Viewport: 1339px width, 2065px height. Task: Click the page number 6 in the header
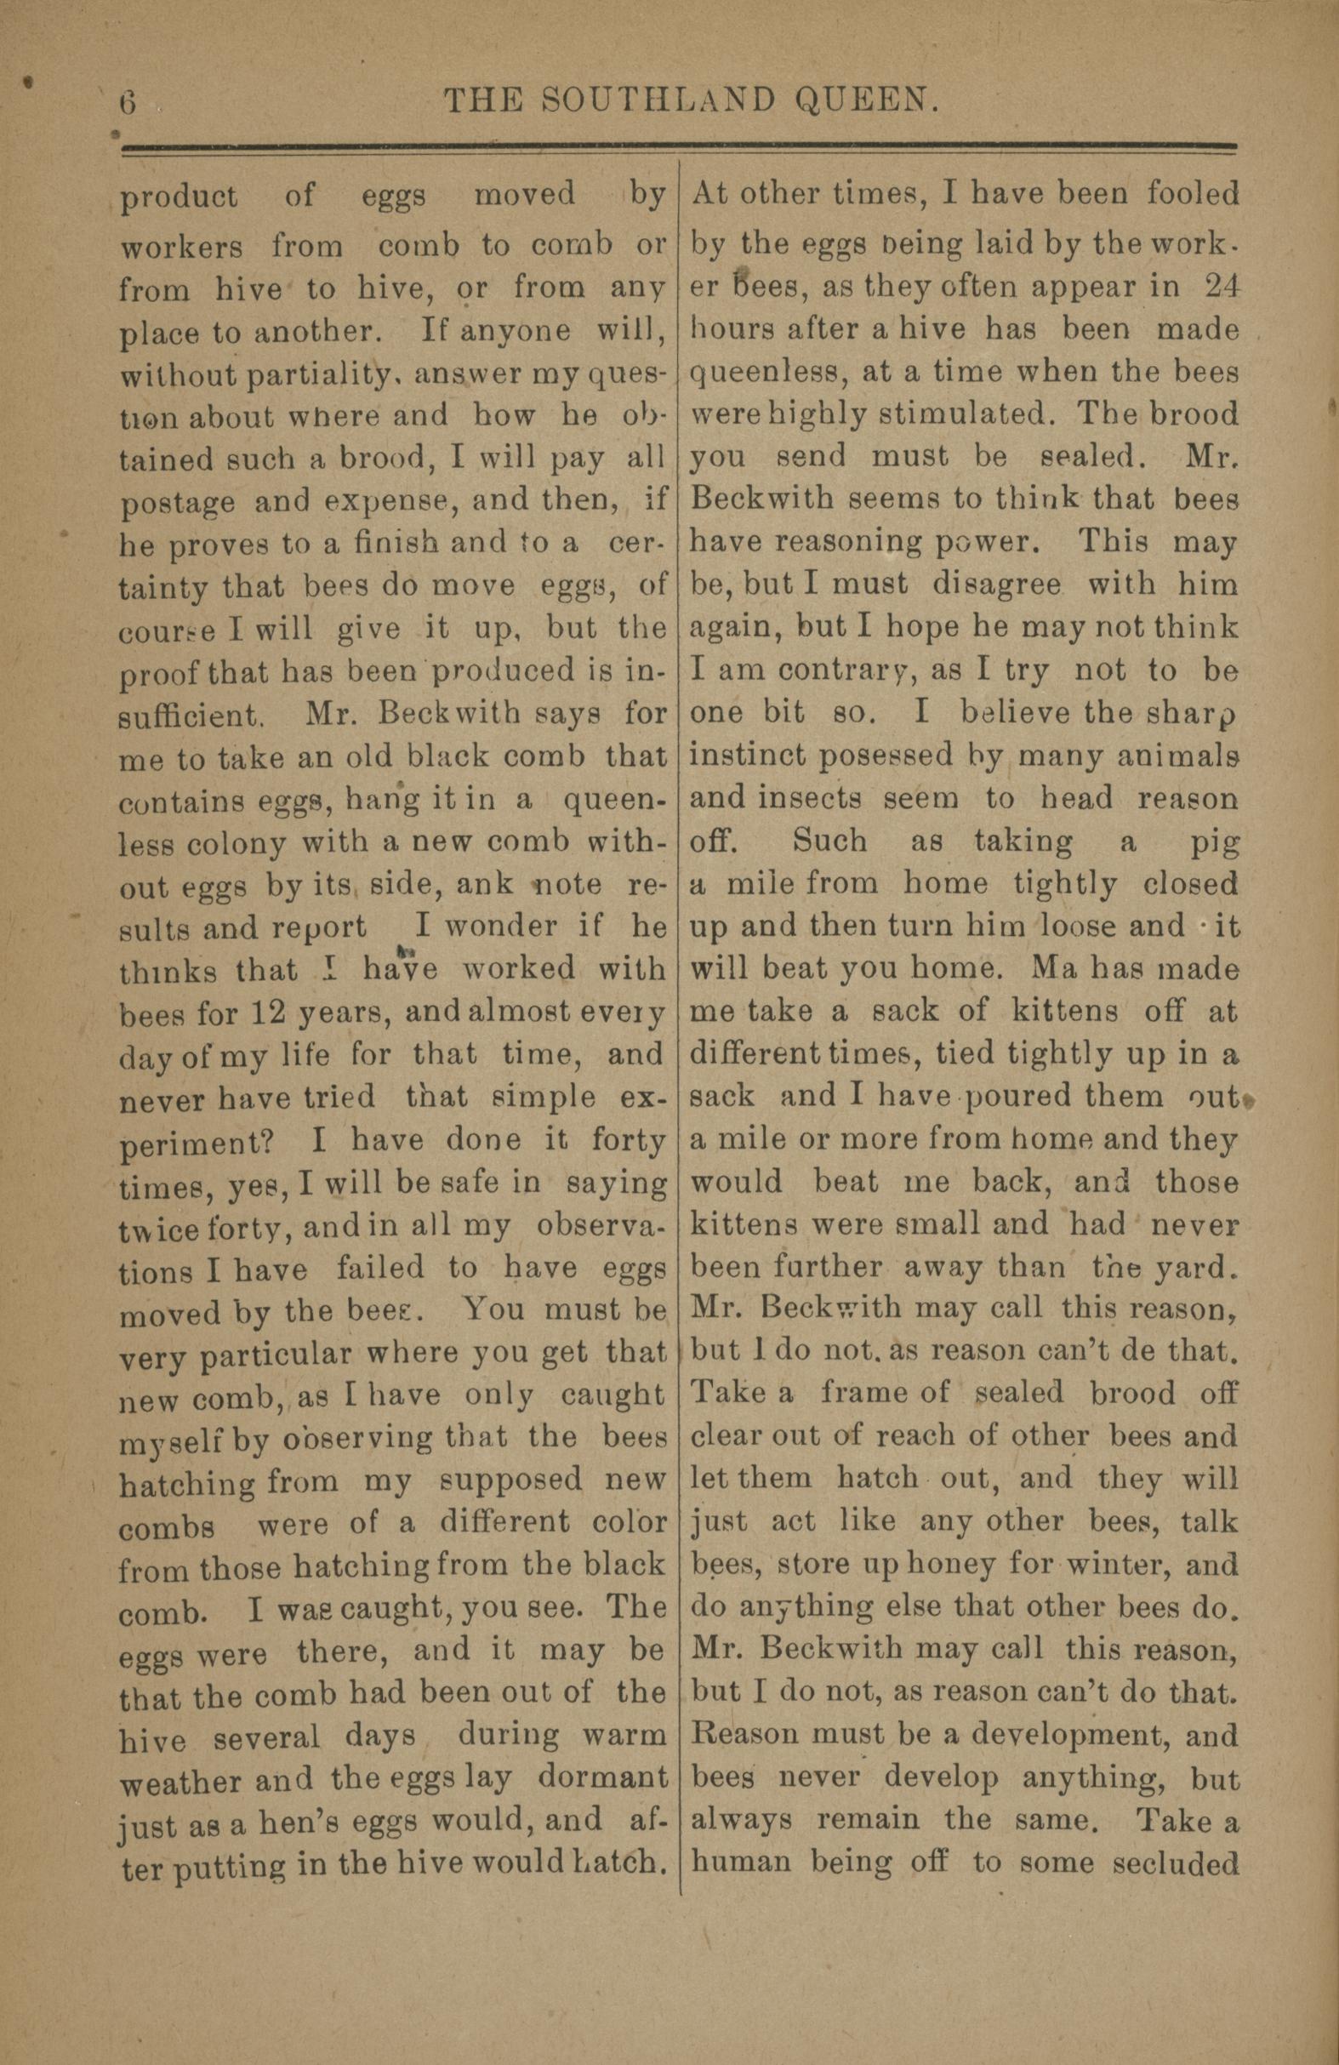click(128, 102)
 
